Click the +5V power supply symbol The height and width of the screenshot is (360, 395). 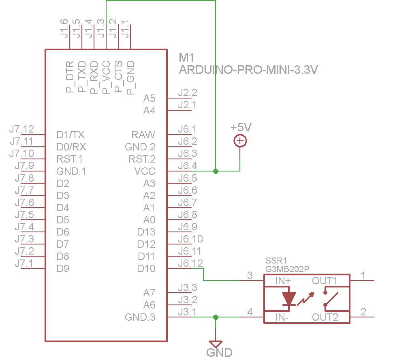(x=240, y=141)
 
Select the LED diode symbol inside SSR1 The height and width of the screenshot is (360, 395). (x=288, y=298)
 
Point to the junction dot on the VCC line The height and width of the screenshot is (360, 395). (x=216, y=171)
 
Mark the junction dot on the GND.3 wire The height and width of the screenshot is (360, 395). (x=216, y=317)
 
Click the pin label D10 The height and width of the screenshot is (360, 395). (x=146, y=268)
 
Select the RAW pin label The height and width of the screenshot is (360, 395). (x=143, y=135)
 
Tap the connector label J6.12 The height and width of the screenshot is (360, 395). (x=190, y=263)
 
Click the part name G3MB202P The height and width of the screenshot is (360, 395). (x=287, y=269)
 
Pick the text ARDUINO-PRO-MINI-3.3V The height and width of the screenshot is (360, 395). (x=248, y=70)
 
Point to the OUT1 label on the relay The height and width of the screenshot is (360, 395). (x=325, y=281)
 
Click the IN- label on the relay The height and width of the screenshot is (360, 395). (x=282, y=317)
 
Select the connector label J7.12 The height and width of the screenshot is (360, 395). (x=22, y=129)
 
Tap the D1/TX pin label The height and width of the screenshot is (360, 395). (x=70, y=135)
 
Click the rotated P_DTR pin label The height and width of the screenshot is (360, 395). (x=70, y=77)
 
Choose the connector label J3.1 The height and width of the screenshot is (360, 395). (x=188, y=312)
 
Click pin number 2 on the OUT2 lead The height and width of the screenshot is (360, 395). (x=363, y=312)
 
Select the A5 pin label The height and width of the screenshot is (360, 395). (x=149, y=98)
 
